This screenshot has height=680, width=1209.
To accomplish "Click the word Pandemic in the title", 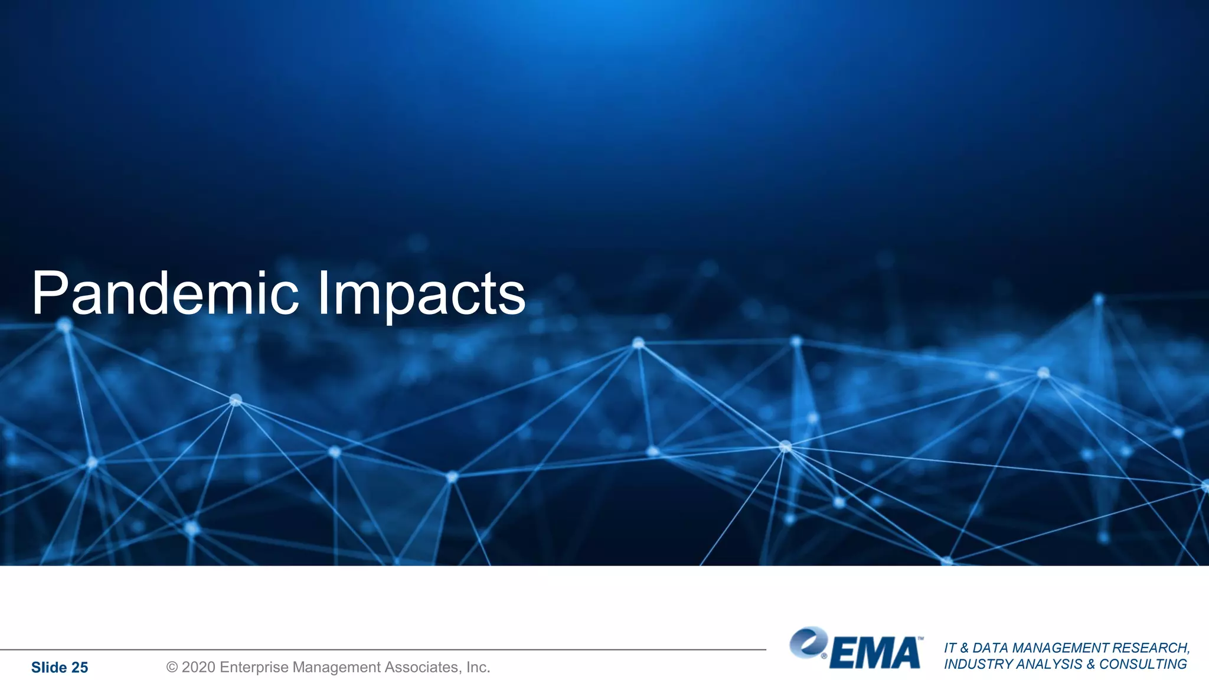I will point(165,293).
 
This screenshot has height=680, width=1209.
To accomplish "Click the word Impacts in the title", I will point(421,294).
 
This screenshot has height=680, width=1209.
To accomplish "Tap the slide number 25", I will point(80,668).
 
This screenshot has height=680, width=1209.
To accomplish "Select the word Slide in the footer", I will point(49,668).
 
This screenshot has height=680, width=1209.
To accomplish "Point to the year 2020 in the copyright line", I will point(198,667).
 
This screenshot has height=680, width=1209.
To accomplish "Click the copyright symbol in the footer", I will point(172,667).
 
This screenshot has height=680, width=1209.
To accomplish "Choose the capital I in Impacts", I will point(322,293).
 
